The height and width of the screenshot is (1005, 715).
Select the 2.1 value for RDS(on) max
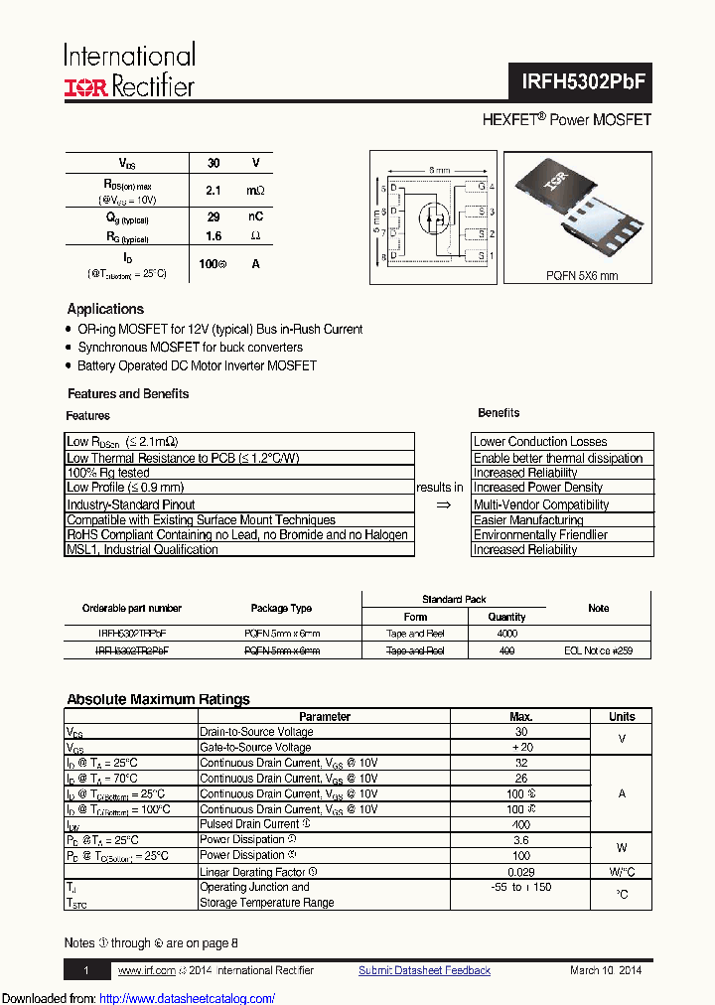pyautogui.click(x=213, y=190)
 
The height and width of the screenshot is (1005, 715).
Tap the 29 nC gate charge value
pyautogui.click(x=213, y=216)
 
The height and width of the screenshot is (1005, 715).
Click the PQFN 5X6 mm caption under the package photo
pyautogui.click(x=582, y=276)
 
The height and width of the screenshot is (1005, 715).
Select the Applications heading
pyautogui.click(x=105, y=309)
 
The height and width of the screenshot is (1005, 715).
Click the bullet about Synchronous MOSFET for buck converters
pyautogui.click(x=190, y=348)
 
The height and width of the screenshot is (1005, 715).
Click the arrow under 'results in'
pyautogui.click(x=443, y=504)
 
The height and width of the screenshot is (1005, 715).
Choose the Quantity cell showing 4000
pyautogui.click(x=506, y=633)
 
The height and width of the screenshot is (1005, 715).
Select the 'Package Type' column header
pyautogui.click(x=282, y=608)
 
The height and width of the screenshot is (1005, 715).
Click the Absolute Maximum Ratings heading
pyautogui.click(x=158, y=699)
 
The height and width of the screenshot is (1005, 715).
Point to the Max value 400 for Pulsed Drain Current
pyautogui.click(x=520, y=824)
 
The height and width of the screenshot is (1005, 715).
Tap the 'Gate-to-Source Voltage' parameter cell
pyautogui.click(x=256, y=748)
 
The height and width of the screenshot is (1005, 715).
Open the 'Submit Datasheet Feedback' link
pyautogui.click(x=424, y=970)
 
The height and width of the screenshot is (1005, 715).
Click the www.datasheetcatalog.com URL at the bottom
pyautogui.click(x=188, y=998)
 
